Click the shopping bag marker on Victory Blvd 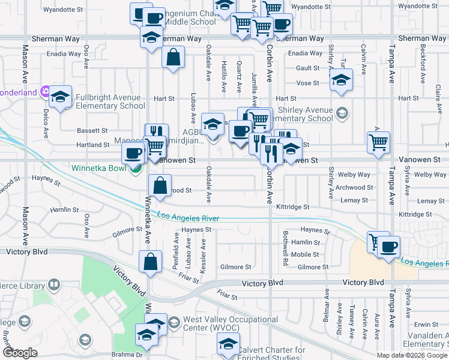[150, 262]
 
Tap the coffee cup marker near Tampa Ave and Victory [388, 247]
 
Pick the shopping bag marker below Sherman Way [173, 58]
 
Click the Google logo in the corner [20, 353]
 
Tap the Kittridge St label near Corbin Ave [293, 207]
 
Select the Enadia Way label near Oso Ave [66, 54]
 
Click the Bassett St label [92, 130]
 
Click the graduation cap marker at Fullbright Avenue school [61, 97]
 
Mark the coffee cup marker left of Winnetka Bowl [133, 154]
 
